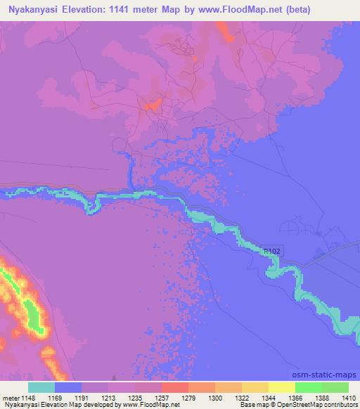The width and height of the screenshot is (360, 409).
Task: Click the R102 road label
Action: [272, 250]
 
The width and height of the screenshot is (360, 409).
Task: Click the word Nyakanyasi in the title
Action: [34, 10]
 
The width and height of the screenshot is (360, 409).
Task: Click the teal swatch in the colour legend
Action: [41, 387]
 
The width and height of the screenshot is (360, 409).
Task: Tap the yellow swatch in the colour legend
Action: [282, 387]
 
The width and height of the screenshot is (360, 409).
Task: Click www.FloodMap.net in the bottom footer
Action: [150, 405]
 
